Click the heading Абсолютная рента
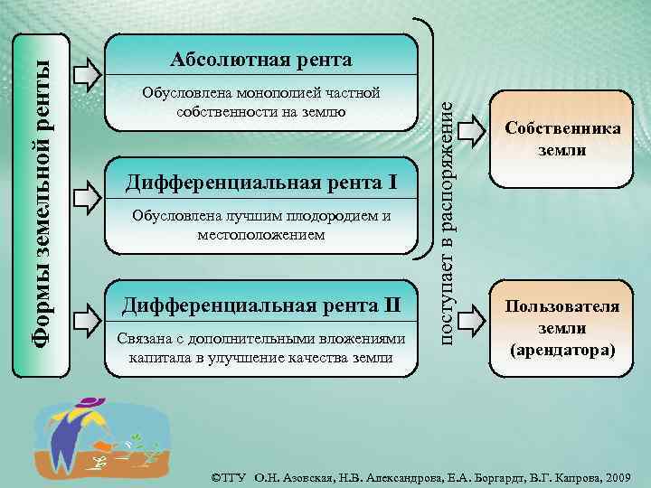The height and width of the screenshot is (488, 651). click(x=261, y=61)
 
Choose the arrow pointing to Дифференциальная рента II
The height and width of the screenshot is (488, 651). click(x=87, y=316)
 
